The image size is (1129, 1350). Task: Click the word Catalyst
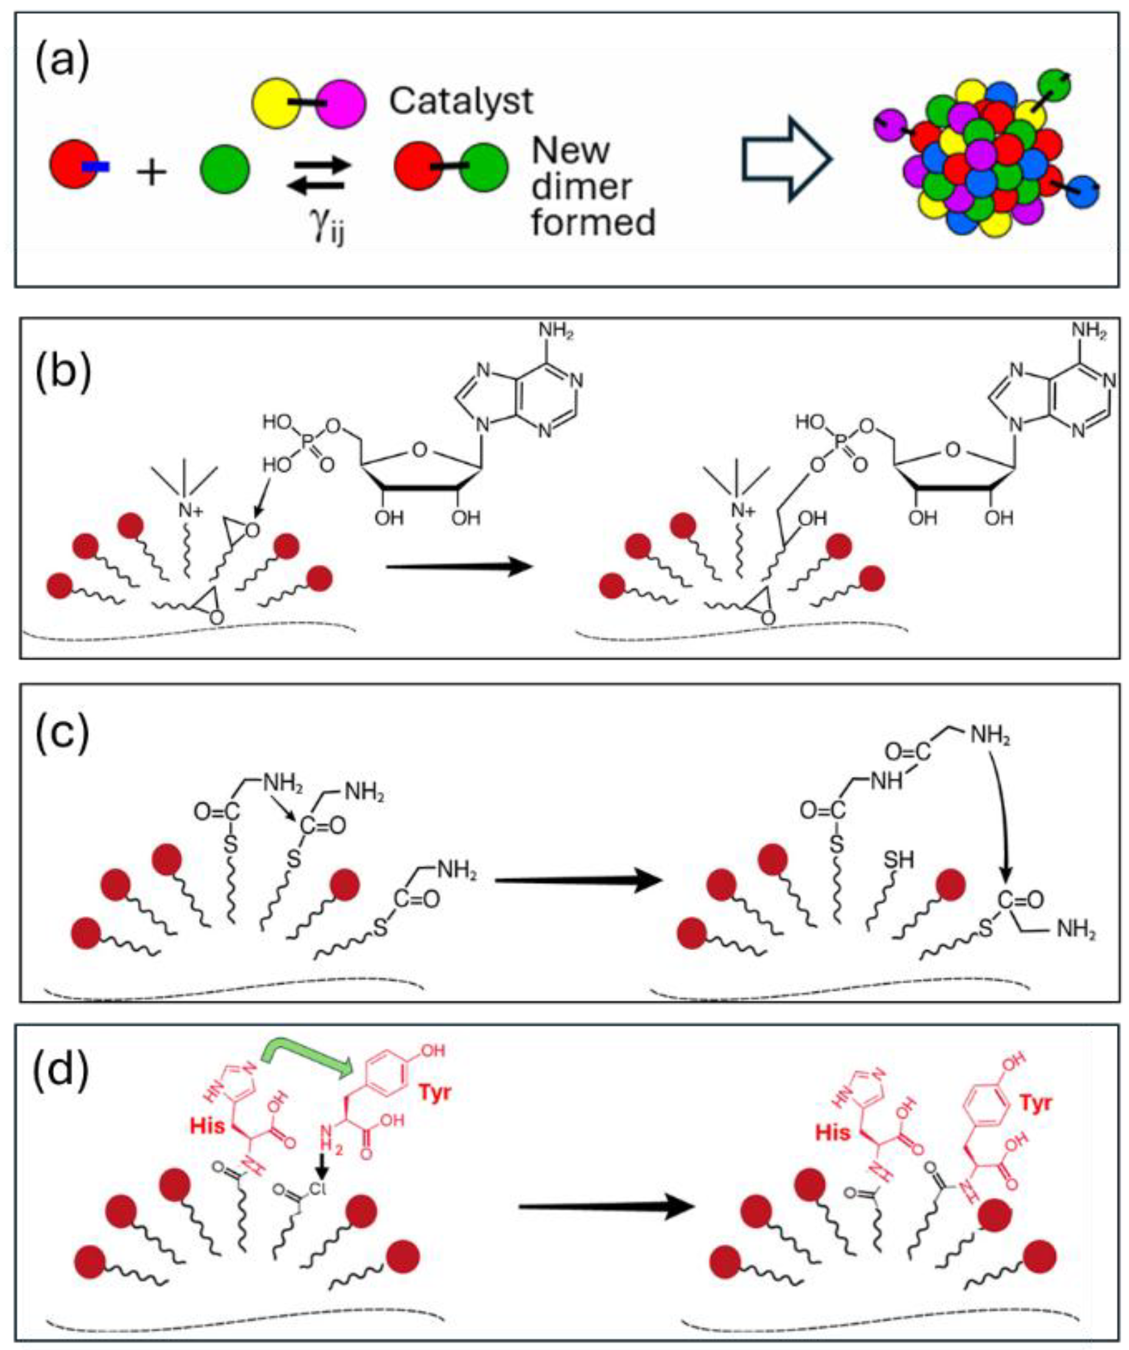pyautogui.click(x=461, y=101)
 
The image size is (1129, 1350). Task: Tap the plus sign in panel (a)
pyautogui.click(x=152, y=172)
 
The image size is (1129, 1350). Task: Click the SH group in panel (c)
pyautogui.click(x=899, y=860)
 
